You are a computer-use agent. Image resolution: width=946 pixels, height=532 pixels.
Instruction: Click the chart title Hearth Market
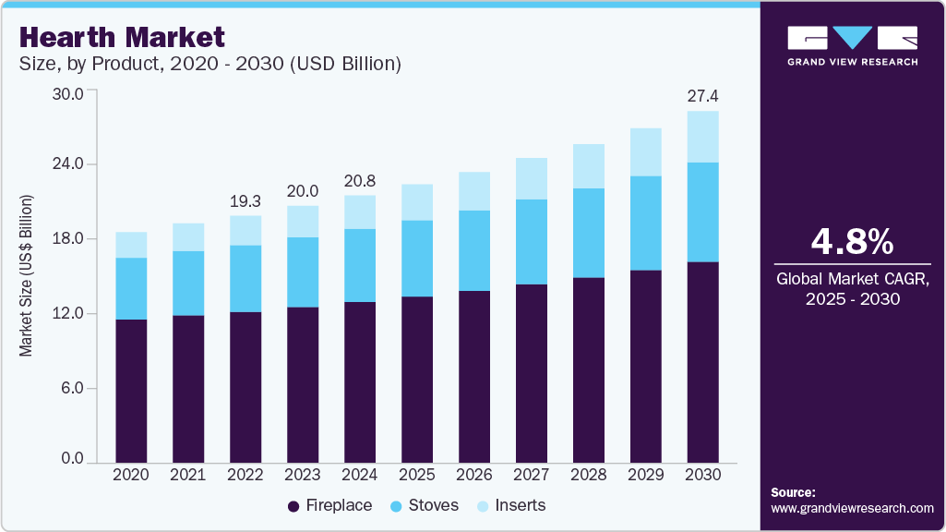point(122,37)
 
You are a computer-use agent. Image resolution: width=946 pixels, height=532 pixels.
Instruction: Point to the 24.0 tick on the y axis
point(67,163)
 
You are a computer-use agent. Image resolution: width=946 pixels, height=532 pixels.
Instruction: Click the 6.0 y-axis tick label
point(71,388)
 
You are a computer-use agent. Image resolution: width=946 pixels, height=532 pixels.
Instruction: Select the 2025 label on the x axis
point(417,474)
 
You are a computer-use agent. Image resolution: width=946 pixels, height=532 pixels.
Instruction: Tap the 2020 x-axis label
point(131,474)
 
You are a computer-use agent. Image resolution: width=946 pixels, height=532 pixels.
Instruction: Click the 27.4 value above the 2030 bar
point(703,96)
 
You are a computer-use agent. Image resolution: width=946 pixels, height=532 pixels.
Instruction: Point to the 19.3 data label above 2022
point(245,200)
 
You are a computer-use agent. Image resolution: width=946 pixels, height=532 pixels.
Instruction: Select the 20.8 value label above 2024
point(360,181)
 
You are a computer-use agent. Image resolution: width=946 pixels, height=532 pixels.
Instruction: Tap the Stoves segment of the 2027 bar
point(532,242)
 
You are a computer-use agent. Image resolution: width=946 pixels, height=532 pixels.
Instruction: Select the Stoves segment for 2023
point(303,272)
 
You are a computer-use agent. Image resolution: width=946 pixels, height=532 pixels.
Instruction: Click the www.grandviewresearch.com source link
point(852,508)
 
